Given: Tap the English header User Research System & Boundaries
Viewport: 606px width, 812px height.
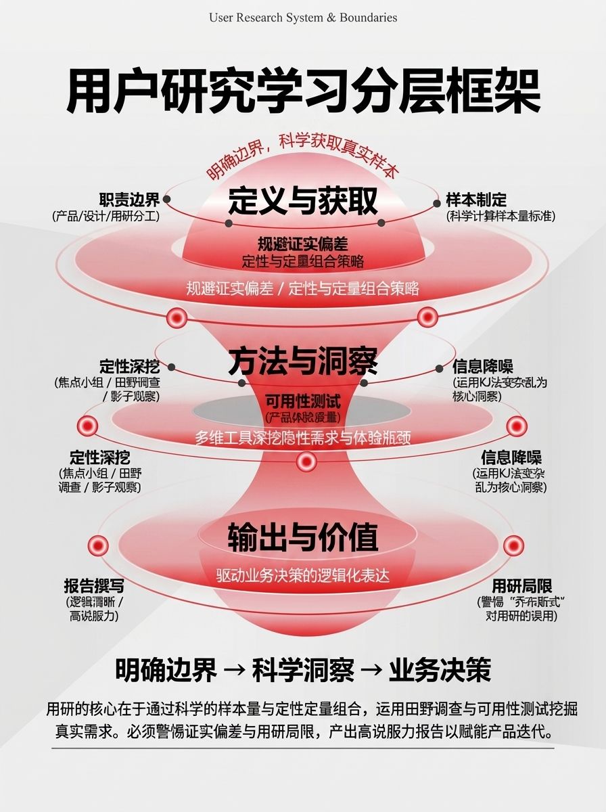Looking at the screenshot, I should (x=303, y=18).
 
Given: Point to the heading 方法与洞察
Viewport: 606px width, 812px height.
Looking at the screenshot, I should (x=302, y=361).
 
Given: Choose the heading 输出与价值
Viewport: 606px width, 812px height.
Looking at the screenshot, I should (x=302, y=537).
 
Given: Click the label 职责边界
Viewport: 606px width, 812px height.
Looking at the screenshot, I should (x=129, y=200).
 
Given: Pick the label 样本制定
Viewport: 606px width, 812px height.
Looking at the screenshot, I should (x=476, y=200).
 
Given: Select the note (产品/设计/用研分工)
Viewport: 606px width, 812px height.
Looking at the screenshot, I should (x=106, y=217).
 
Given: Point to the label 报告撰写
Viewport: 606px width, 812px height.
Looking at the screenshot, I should (x=94, y=586).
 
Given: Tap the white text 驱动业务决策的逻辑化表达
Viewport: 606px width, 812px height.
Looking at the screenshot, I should (x=303, y=576).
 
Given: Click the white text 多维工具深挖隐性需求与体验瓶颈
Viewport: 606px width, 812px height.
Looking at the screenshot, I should (x=303, y=437).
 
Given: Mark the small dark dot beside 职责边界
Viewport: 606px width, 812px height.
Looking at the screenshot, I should (x=166, y=200).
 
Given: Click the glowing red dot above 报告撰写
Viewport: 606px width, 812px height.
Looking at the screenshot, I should (x=98, y=545).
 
